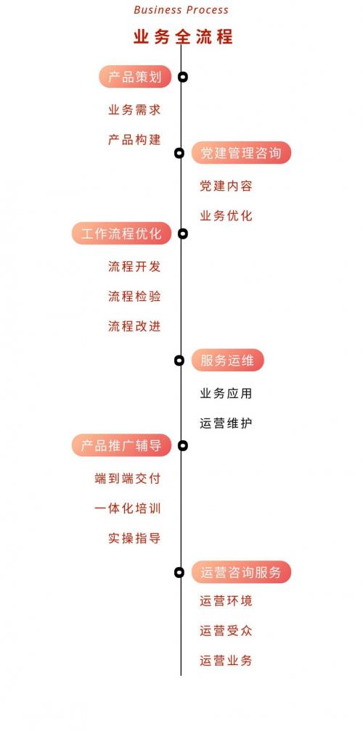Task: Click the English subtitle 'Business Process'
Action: coord(181,10)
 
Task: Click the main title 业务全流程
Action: coord(183,37)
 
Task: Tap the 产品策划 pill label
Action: coord(135,76)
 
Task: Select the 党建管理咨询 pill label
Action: coord(241,152)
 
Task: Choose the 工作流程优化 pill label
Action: coord(121,233)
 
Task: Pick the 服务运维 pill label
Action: coord(228,360)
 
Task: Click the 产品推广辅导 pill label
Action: coord(121,445)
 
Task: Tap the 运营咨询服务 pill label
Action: coord(241,572)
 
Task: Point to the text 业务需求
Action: coord(134,110)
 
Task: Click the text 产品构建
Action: coord(134,139)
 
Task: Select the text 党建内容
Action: coord(227,186)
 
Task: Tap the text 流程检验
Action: coord(134,296)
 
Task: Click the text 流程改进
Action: coord(134,326)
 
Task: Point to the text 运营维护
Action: coord(227,424)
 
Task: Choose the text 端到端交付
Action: coord(128,479)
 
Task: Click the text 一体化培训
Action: coord(128,508)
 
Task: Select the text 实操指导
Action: coord(134,538)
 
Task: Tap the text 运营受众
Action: coord(227,631)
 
